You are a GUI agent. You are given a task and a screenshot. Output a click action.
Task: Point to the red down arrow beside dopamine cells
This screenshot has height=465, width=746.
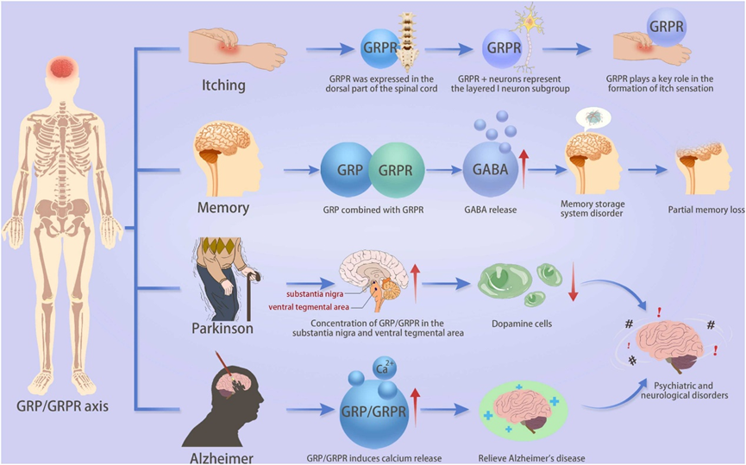(x=571, y=284)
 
